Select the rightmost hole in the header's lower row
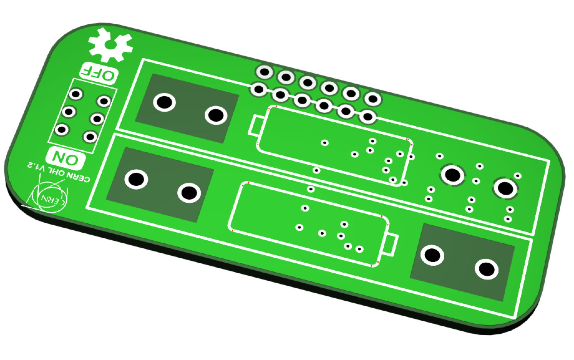point(368,117)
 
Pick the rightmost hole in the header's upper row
point(373,99)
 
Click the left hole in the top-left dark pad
point(164,102)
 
